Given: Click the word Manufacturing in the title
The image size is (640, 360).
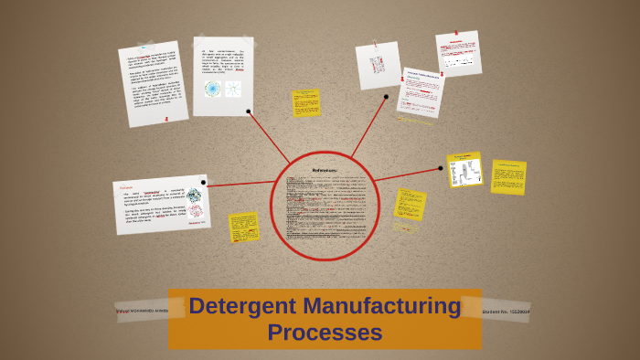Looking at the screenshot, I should click(x=382, y=307).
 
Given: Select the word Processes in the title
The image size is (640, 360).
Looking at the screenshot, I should click(x=325, y=333).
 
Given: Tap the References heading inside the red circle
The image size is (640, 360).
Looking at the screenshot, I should click(x=325, y=170).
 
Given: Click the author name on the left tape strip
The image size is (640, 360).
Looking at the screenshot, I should click(x=144, y=311).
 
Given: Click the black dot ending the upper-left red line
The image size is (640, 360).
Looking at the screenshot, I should click(x=249, y=111).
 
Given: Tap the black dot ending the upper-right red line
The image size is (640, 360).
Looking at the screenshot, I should click(x=386, y=96).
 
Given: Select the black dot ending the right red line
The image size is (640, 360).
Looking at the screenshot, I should click(x=440, y=167).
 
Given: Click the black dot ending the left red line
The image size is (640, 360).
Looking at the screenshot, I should click(x=204, y=183).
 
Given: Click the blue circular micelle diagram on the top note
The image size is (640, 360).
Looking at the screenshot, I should click(x=213, y=89).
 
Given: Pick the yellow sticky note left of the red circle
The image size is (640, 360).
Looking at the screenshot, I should click(x=244, y=227).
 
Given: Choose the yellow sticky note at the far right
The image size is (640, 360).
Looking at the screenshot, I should click(x=508, y=177).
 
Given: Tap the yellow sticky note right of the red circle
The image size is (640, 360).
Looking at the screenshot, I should click(x=410, y=204).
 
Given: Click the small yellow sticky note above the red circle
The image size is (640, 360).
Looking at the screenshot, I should click(x=306, y=102).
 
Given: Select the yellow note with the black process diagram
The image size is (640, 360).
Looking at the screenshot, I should click(x=464, y=170).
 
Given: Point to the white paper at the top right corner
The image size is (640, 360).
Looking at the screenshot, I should click(x=458, y=53).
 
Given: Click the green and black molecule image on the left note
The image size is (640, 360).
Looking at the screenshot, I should click(x=193, y=195).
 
